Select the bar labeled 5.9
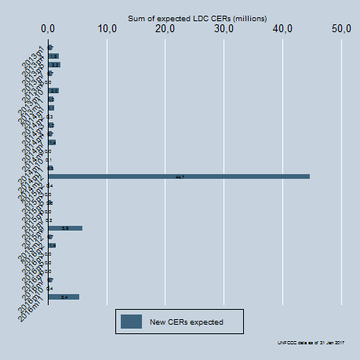tap(65, 228)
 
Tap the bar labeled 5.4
tap(64, 297)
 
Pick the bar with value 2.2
tap(54, 64)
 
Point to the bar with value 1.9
tap(53, 56)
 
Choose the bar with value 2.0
tap(53, 90)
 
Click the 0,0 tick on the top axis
tap(48, 29)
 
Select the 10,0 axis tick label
tap(107, 29)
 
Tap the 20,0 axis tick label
tap(165, 29)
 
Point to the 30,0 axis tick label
tap(224, 29)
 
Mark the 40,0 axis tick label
tap(283, 29)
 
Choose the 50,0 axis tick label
tap(342, 29)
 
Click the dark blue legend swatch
tap(132, 322)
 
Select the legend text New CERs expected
tap(187, 322)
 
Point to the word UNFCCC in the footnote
tap(286, 343)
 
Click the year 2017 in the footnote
tap(343, 343)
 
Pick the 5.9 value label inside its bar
tap(65, 228)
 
